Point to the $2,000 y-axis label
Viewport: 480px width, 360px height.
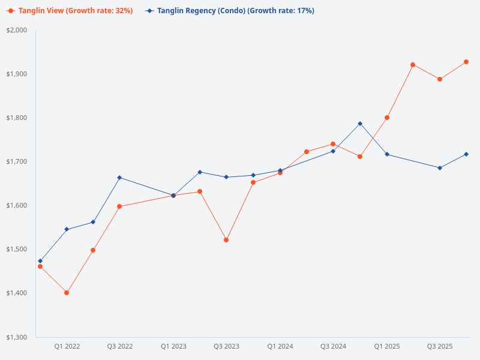pos(17,30)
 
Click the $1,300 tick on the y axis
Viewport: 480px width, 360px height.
pos(17,337)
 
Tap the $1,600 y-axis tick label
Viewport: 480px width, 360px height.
pos(17,205)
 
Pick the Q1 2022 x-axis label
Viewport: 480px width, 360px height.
pos(67,346)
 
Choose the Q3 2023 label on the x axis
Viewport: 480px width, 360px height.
pos(227,346)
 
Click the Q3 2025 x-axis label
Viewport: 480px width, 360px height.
pos(440,346)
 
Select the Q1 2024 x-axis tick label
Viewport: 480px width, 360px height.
pos(280,346)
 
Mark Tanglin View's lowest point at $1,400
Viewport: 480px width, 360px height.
pos(67,293)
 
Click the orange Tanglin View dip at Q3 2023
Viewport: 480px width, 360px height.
pos(226,240)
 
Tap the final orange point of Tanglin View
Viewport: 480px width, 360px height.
pos(466,62)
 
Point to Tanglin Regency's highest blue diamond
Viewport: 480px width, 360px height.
pos(360,124)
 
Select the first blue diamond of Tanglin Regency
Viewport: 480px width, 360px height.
pos(40,261)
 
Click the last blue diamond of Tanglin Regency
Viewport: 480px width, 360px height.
pos(466,154)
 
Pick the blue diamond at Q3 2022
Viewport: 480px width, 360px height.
pos(119,178)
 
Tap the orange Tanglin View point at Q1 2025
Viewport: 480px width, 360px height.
pos(387,118)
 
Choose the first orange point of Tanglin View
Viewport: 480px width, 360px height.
pos(40,266)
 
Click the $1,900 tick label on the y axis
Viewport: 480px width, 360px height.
pos(17,74)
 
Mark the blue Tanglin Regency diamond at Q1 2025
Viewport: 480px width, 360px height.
pos(387,154)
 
